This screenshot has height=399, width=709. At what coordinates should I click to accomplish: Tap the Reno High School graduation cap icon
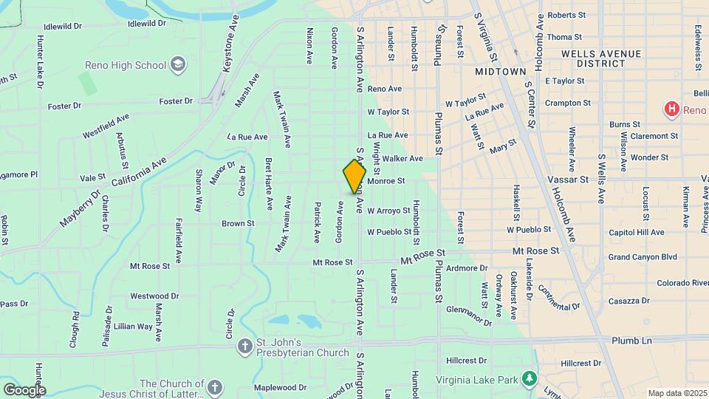coord(177,64)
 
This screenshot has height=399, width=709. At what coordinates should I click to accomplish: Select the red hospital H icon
coord(671,110)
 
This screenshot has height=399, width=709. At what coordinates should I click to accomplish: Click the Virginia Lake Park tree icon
coord(529,378)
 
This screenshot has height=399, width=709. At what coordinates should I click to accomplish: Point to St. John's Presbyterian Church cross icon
coord(245,346)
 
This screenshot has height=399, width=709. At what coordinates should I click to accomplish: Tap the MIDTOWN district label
coord(500,72)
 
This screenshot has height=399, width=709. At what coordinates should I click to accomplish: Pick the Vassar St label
coord(567,180)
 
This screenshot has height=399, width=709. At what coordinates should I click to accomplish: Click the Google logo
coord(24,389)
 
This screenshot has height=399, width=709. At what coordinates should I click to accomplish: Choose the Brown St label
coord(238,223)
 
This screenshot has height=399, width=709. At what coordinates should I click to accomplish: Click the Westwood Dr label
coord(154,296)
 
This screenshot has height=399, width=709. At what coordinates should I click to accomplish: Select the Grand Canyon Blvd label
coord(643,257)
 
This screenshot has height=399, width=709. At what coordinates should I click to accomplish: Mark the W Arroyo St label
coord(388,211)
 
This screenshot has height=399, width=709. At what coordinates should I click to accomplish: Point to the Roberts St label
coord(566,15)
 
